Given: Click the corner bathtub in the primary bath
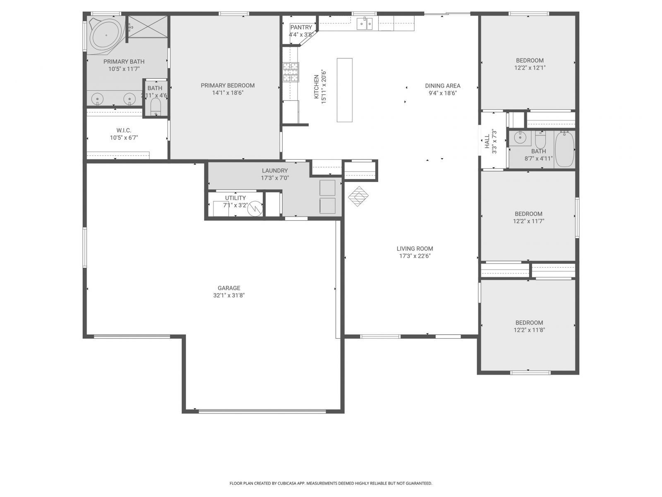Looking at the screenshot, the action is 106,36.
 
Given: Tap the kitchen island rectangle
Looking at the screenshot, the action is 344,90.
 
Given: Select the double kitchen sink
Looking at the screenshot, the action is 365,24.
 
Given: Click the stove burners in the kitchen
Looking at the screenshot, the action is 290,72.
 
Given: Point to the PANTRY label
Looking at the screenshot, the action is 301,27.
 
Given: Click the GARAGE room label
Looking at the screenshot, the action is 229,288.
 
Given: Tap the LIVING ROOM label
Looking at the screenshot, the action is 415,248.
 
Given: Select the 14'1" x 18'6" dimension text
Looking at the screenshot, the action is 228,93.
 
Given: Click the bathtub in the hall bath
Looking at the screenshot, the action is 565,149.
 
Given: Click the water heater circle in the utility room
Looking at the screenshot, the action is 255,208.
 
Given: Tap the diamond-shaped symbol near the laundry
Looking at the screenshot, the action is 358,196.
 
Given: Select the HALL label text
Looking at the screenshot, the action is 487,141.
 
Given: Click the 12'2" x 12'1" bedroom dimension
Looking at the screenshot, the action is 530,68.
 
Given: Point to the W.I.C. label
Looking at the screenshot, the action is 124,130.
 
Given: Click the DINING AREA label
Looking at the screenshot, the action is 443,86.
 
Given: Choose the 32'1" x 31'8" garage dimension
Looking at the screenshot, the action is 229,295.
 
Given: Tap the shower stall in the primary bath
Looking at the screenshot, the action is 148,27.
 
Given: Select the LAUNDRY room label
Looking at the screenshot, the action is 275,171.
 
